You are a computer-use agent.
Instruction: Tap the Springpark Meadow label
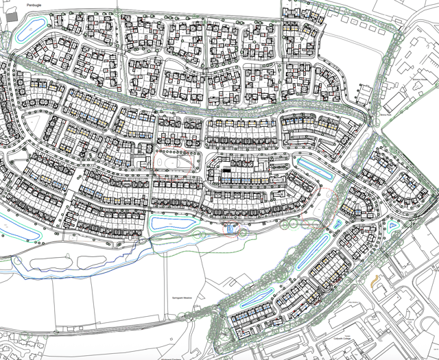point(180,300)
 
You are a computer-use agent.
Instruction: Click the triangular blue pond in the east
point(393,226)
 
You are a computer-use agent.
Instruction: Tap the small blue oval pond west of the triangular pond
point(337,224)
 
